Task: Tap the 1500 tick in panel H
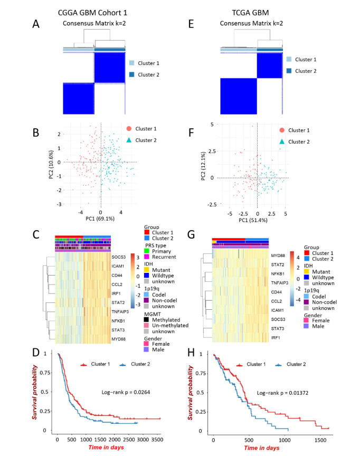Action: coord(315,439)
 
